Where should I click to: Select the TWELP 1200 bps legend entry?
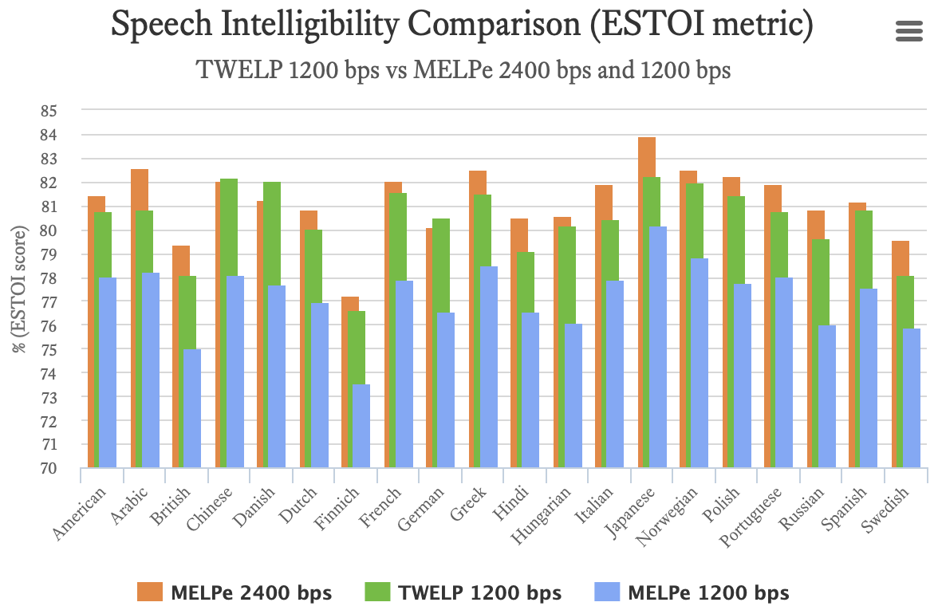click(x=463, y=592)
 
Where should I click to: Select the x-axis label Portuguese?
click(x=757, y=518)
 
